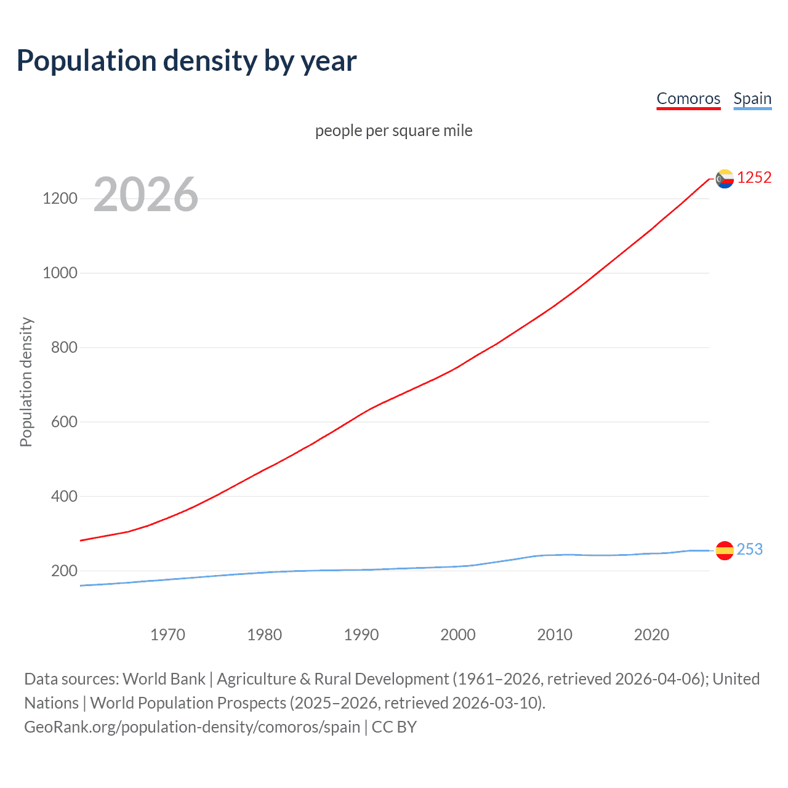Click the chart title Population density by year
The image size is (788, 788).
click(187, 61)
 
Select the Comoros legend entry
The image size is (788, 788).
click(688, 98)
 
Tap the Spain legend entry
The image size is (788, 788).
click(752, 98)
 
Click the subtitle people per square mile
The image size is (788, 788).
click(393, 131)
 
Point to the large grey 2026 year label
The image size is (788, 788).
click(146, 195)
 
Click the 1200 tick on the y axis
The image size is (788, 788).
click(60, 198)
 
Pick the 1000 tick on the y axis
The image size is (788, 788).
click(60, 273)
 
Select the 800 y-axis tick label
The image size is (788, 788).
click(64, 347)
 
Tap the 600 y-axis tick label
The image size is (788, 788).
click(64, 422)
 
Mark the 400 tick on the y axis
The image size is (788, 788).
click(64, 496)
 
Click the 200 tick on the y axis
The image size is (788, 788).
click(64, 571)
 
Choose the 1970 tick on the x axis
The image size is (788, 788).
click(167, 635)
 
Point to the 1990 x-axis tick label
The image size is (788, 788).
click(361, 635)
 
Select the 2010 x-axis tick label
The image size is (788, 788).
click(555, 635)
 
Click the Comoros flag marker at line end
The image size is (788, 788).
click(725, 179)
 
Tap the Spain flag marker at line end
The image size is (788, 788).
click(725, 550)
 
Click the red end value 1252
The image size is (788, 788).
click(754, 178)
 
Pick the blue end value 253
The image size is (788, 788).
click(749, 549)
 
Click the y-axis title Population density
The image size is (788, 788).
click(26, 382)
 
